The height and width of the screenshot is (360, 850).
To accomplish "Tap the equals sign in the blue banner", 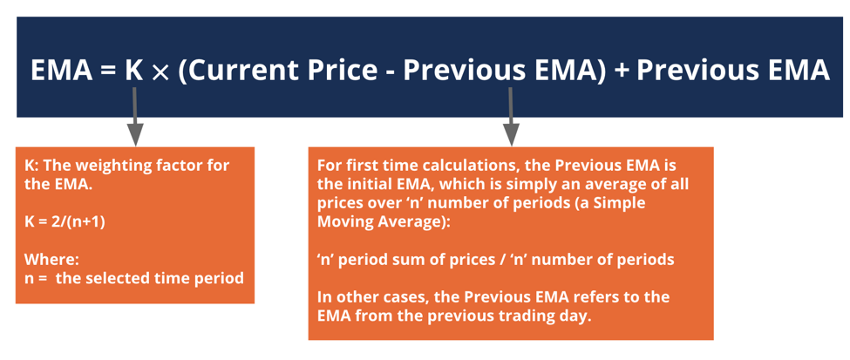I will click(x=108, y=71).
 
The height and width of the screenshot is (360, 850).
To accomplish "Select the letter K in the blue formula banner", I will click(x=133, y=70).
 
